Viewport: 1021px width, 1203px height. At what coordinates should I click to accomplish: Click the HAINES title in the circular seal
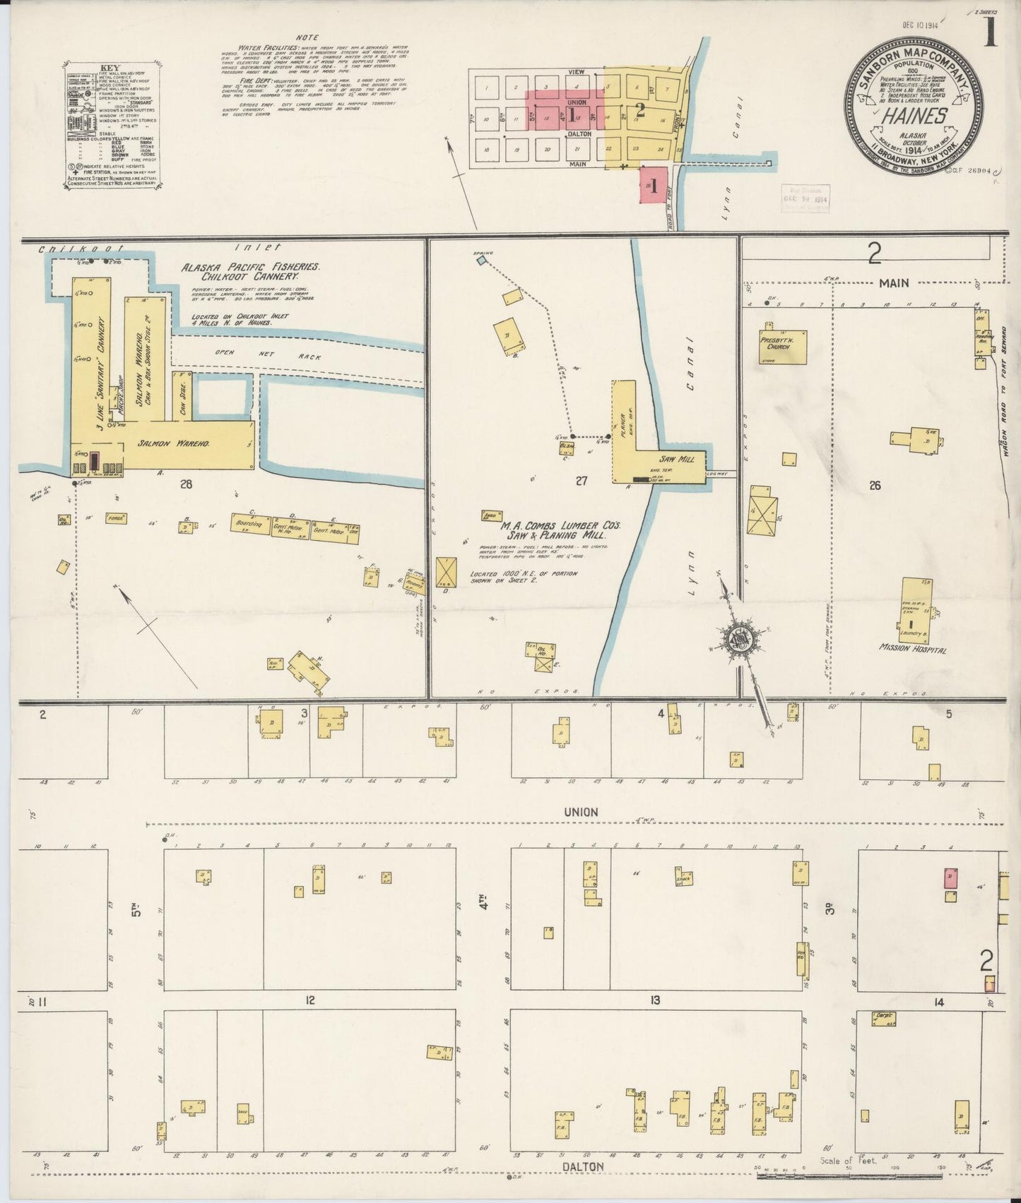(914, 116)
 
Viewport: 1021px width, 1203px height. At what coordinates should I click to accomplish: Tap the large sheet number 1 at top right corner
(991, 32)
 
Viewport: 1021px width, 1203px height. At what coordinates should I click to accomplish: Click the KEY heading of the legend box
(112, 68)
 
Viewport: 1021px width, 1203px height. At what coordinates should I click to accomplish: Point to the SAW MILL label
(677, 459)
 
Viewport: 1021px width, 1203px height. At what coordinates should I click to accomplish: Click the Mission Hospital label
(913, 648)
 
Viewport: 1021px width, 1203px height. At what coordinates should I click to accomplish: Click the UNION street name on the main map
(581, 812)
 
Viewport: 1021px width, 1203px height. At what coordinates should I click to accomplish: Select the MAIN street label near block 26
(893, 283)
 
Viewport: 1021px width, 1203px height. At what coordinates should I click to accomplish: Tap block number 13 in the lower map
(655, 1000)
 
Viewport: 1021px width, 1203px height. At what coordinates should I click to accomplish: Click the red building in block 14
(950, 878)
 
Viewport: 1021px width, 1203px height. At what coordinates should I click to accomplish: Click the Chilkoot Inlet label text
(81, 249)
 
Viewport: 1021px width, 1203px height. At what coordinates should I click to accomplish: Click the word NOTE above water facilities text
(308, 37)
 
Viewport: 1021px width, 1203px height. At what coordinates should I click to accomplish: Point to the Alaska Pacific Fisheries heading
(251, 268)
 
